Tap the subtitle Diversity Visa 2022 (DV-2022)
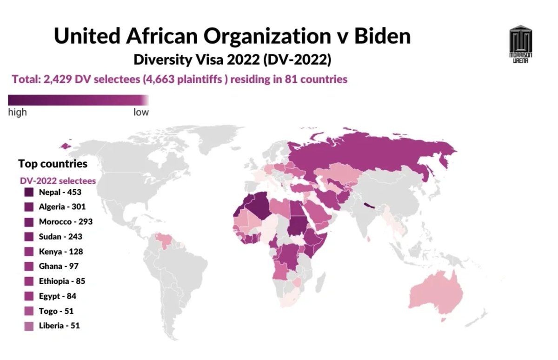pos(232,60)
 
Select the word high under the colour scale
pos(18,113)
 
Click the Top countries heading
pos(53,164)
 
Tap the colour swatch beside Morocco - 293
pos(29,222)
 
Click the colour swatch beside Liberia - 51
pos(29,326)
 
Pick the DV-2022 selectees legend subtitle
pos(57,180)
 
